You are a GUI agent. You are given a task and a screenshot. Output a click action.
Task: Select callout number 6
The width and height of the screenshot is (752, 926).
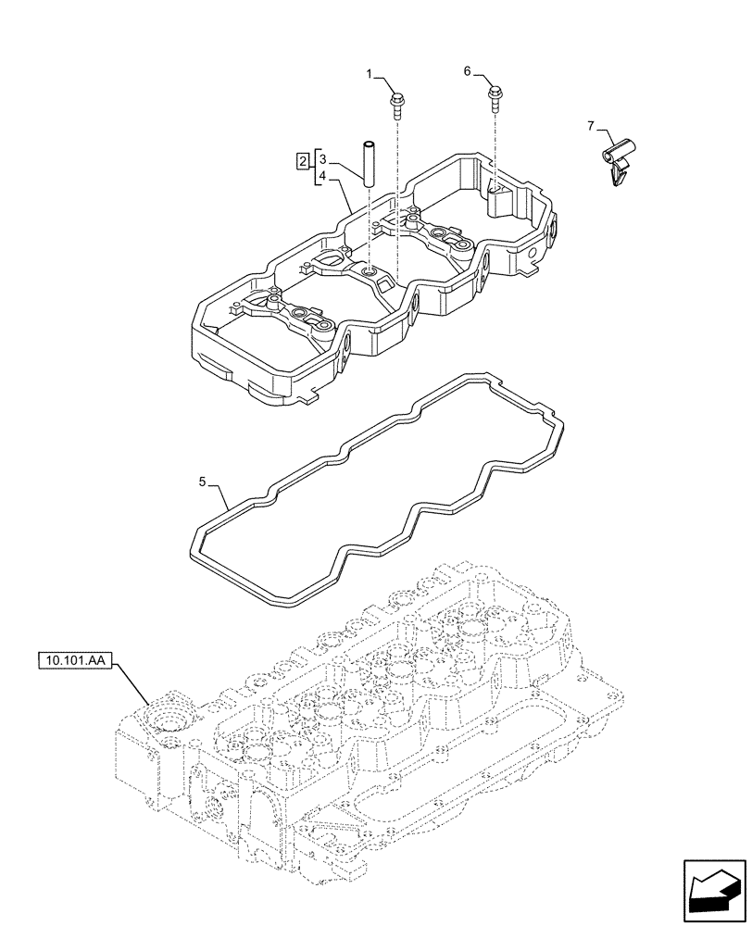pos(467,71)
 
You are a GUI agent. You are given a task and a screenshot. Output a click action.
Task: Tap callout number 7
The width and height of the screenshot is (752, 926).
pos(589,126)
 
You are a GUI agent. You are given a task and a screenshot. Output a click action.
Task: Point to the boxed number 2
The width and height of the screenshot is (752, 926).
pos(303,162)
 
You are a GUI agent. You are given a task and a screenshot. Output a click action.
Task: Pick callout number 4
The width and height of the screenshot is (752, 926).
pos(322,176)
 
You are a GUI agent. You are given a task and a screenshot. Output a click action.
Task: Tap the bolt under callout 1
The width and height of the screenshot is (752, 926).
pos(397,101)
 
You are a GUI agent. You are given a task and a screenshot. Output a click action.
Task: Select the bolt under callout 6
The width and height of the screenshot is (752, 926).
pos(495,96)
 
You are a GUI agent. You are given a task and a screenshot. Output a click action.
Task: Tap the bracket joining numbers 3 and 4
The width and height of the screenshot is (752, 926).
pos(316,167)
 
